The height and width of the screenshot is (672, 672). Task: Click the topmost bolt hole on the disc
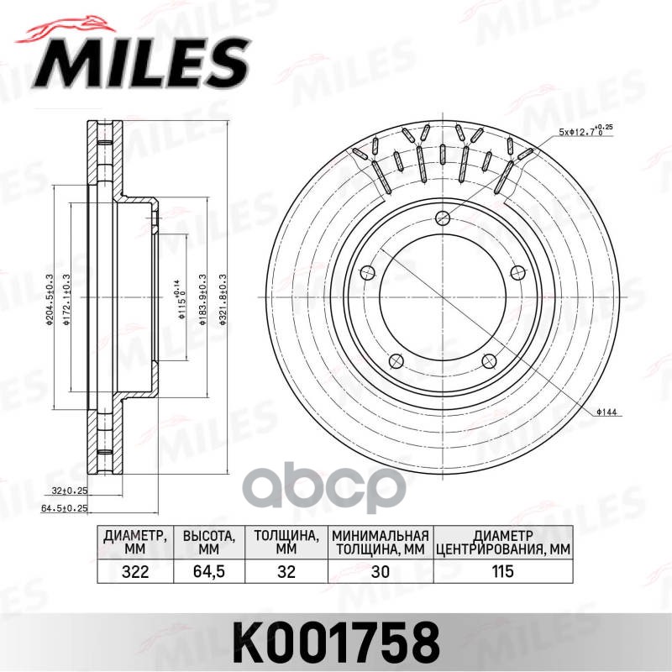pos(441,217)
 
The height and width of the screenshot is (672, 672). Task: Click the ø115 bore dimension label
pos(180,302)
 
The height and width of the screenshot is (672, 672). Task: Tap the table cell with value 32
pos(286,572)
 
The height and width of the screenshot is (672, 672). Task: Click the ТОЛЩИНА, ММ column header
pos(286,542)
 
